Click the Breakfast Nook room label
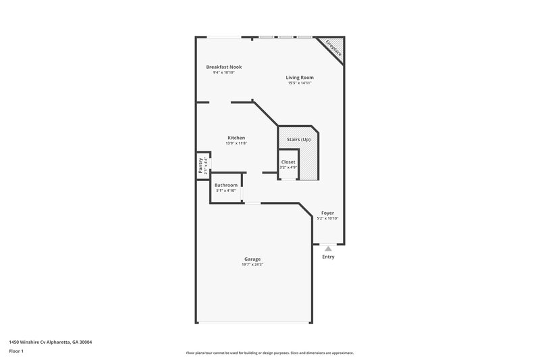(x=223, y=67)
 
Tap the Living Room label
(x=300, y=78)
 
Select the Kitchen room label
(x=236, y=138)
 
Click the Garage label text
(x=252, y=259)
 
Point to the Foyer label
(x=327, y=213)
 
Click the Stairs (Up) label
(x=298, y=138)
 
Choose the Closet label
(x=288, y=162)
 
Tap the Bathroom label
(x=226, y=185)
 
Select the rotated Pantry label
(x=200, y=165)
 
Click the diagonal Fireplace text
(x=333, y=48)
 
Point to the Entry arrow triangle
(x=328, y=249)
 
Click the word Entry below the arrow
(x=328, y=257)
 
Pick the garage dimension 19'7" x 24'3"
(x=252, y=265)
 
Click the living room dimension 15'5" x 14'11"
(x=300, y=83)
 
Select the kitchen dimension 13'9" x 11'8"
(x=236, y=143)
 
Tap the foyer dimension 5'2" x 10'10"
(x=327, y=218)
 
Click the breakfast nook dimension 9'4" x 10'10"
(x=223, y=72)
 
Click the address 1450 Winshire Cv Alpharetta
(x=51, y=342)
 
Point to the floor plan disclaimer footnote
(x=269, y=353)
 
